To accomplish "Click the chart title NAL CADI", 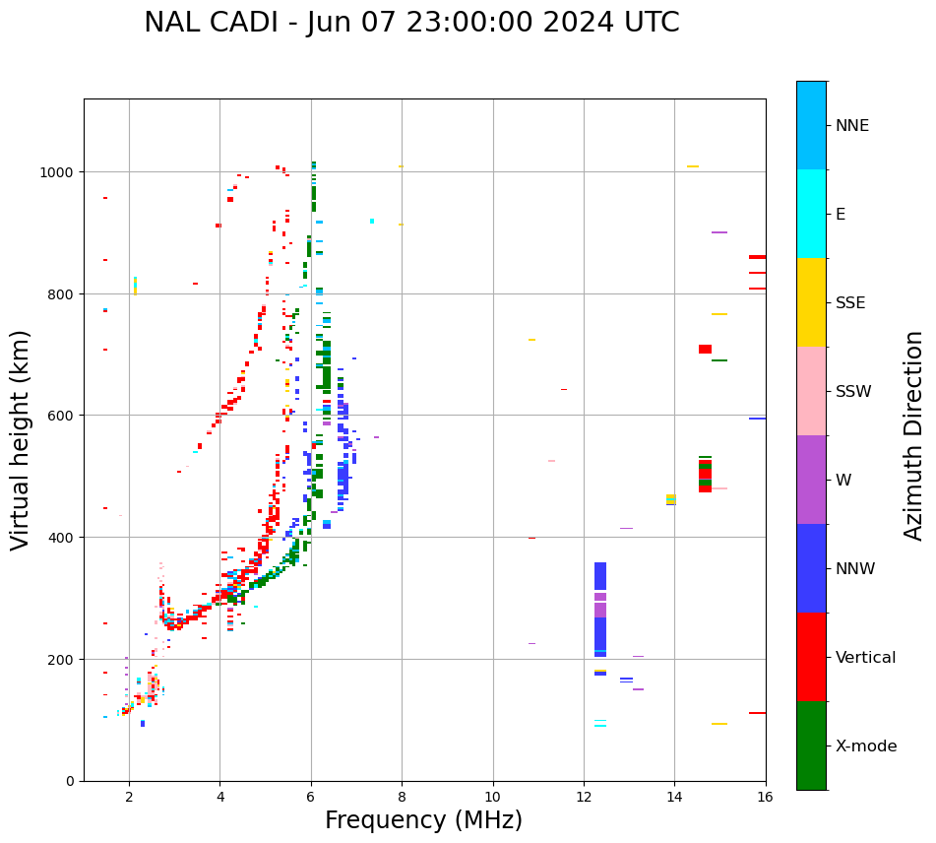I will (411, 23).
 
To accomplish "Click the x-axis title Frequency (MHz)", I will (423, 820).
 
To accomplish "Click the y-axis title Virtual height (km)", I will (21, 439).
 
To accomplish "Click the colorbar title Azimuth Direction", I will (914, 435).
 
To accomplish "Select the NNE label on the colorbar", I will (852, 125).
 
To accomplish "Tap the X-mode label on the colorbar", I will (866, 746).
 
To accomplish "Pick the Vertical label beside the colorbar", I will (866, 658).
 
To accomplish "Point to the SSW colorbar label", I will (853, 392).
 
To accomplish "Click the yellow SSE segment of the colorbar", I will (811, 302).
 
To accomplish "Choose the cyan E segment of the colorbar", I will (811, 214).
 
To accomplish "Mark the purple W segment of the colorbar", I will (811, 480).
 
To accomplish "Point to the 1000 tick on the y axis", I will (60, 172).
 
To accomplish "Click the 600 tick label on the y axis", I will (64, 416).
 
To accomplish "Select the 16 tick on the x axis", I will (765, 799).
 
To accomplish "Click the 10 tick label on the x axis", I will (492, 799).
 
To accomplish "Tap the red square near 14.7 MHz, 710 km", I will (705, 349).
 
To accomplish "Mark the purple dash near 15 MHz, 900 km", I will (719, 232).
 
